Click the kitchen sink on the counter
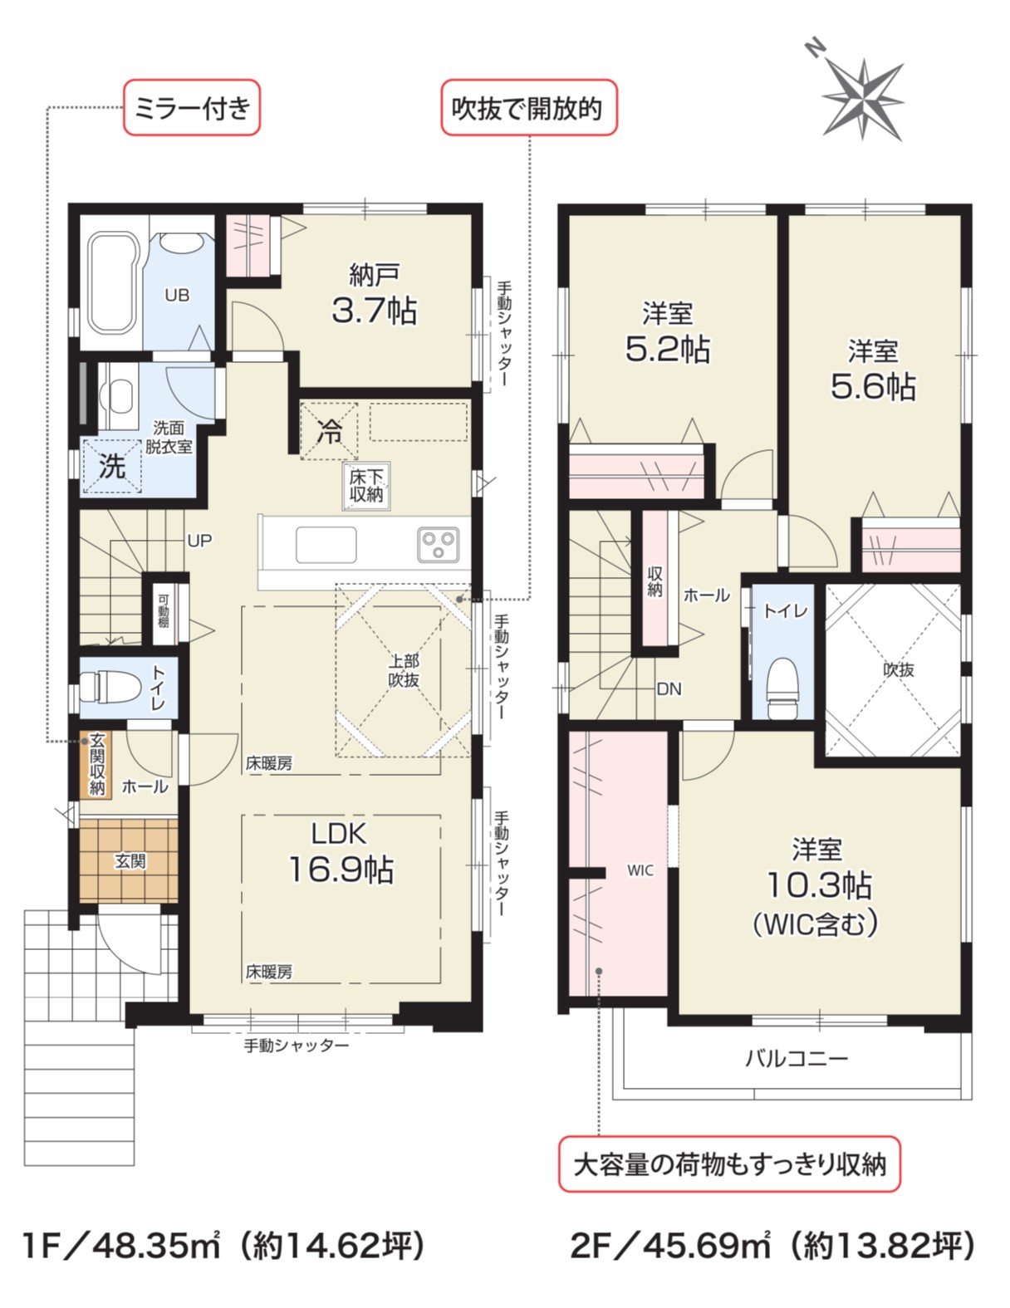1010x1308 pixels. pyautogui.click(x=326, y=545)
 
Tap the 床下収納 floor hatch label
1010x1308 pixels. pyautogui.click(x=366, y=486)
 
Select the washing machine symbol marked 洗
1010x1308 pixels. pyautogui.click(x=112, y=466)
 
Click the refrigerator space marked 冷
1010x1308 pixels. pyautogui.click(x=329, y=432)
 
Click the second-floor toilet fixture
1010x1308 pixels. pyautogui.click(x=782, y=687)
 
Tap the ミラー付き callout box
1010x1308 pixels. pyautogui.click(x=192, y=108)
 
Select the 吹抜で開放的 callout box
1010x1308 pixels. pyautogui.click(x=529, y=108)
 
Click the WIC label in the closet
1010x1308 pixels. pyautogui.click(x=640, y=870)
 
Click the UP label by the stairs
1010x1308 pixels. pyautogui.click(x=199, y=541)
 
